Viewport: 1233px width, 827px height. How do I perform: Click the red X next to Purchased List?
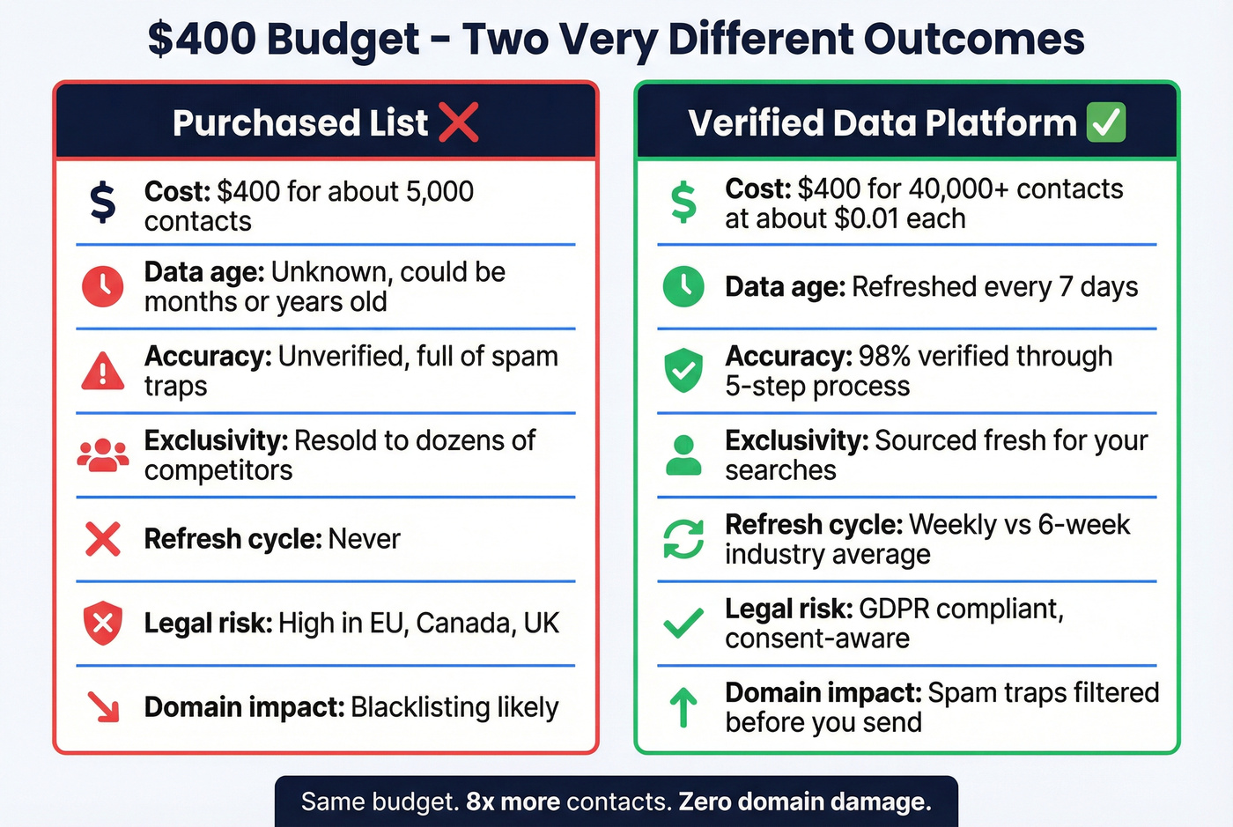458,122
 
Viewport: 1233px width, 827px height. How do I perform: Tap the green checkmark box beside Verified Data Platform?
1106,122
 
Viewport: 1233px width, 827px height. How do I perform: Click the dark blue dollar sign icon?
103,202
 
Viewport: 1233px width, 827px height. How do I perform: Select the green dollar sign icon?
683,202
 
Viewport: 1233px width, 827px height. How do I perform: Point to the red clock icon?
103,286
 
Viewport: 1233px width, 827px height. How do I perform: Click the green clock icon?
683,286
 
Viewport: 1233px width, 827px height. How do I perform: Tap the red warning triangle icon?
103,371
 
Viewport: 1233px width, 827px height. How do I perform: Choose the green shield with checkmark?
683,370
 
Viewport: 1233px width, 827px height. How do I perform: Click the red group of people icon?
103,455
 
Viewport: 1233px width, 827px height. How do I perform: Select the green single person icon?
683,455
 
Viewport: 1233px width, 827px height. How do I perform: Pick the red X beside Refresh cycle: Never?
103,539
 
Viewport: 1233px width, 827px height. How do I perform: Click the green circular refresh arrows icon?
683,539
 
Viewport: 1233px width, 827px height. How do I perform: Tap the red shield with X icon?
103,623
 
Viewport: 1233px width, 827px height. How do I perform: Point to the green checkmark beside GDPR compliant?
683,623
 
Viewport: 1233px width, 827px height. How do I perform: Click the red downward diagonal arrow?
103,706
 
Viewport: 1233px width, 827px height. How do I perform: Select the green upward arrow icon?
683,706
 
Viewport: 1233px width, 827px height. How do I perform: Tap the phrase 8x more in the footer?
513,801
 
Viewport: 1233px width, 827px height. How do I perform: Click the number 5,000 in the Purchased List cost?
439,191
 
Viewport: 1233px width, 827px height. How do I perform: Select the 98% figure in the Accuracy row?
884,356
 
